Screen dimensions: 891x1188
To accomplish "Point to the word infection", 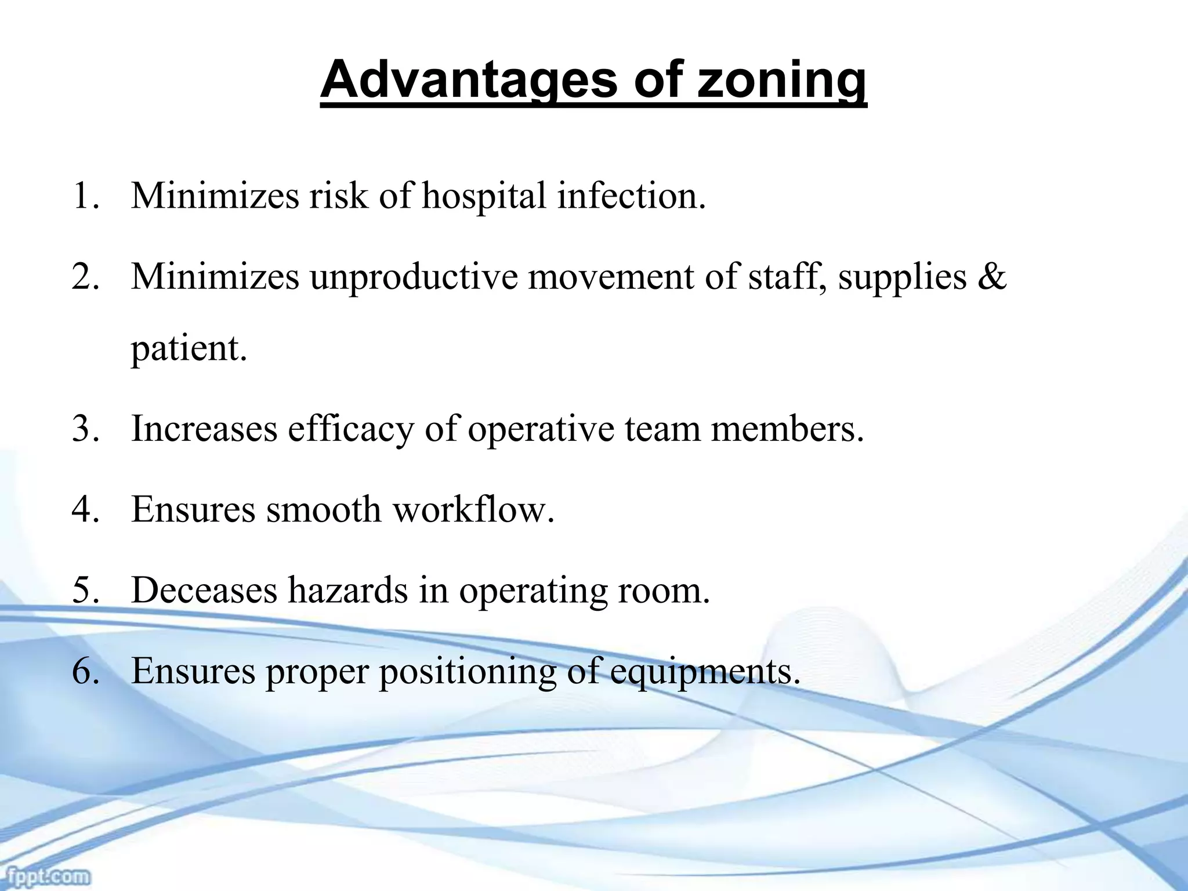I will pyautogui.click(x=632, y=196).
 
